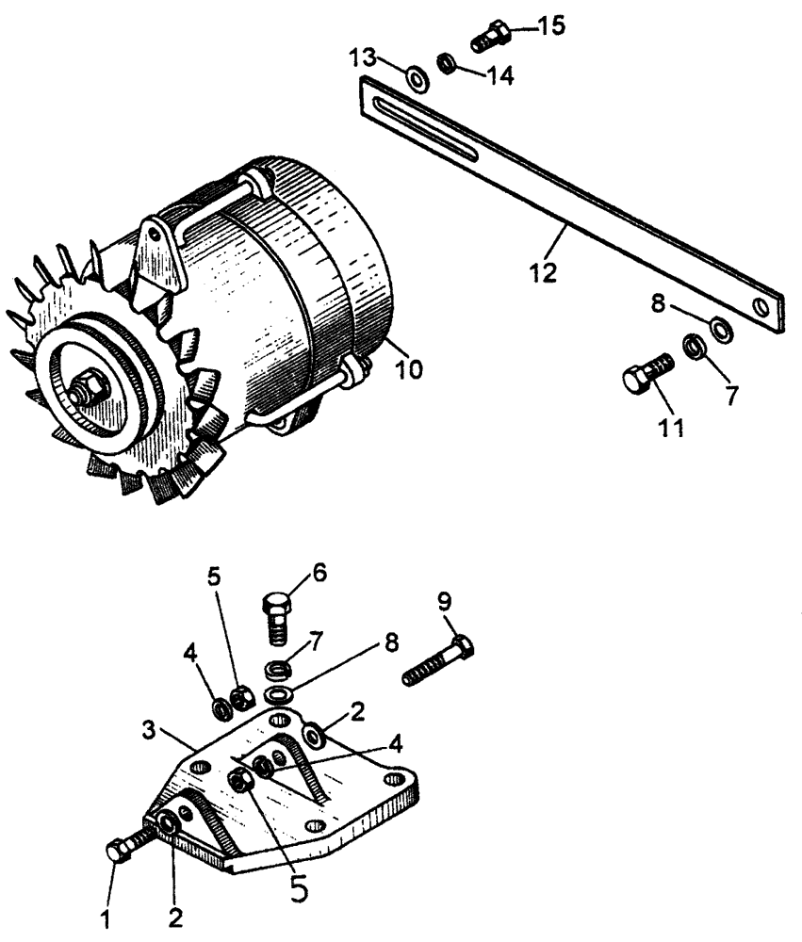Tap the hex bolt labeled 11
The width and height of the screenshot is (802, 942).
tap(647, 374)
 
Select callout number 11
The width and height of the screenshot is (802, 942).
tap(671, 427)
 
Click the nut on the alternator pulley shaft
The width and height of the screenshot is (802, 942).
tap(86, 389)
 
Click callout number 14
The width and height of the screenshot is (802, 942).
tap(500, 75)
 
